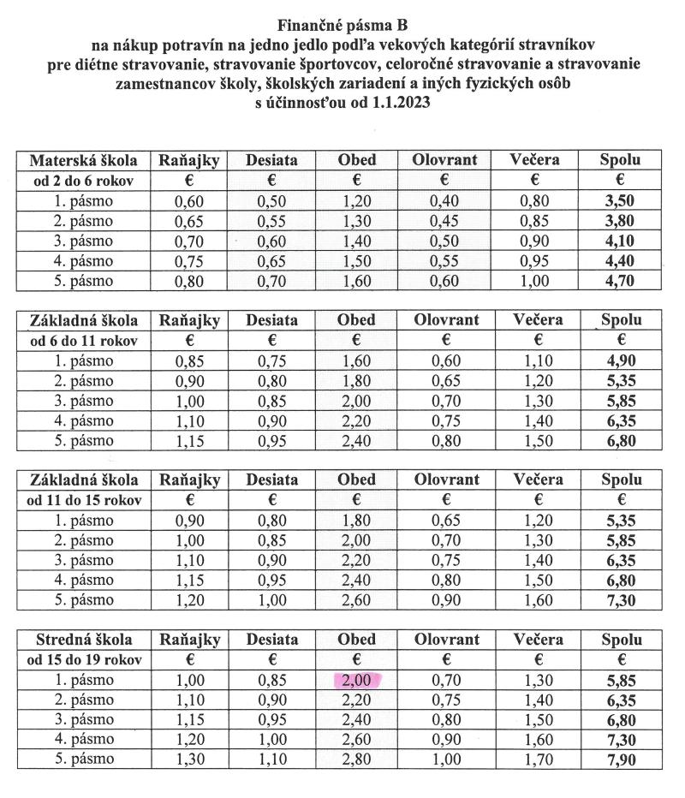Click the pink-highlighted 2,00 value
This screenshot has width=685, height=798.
click(356, 680)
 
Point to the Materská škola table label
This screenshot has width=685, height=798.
click(83, 159)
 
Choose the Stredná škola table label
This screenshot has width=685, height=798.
click(83, 639)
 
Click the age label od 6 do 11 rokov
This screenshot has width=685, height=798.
click(83, 341)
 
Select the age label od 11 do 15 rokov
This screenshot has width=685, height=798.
click(83, 500)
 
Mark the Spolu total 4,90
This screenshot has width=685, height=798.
click(621, 361)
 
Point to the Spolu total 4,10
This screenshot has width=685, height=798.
click(621, 241)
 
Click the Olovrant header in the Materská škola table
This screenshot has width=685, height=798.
click(445, 159)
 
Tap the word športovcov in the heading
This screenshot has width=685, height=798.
click(333, 64)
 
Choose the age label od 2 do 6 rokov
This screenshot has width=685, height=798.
click(83, 181)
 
